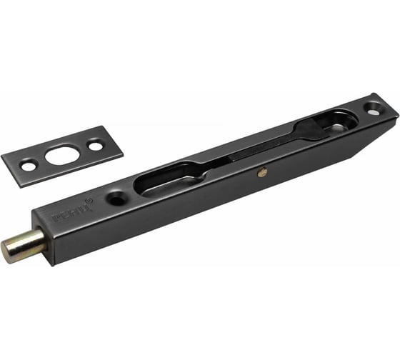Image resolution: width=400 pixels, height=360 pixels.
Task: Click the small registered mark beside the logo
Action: click(x=90, y=202)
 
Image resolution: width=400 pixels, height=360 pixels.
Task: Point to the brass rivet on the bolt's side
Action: click(x=264, y=171)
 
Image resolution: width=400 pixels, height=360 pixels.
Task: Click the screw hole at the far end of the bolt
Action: click(x=374, y=109)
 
